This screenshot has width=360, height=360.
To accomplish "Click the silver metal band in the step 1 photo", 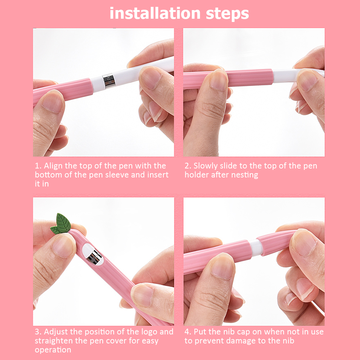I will [108, 82].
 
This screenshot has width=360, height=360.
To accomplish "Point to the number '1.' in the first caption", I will [38, 166].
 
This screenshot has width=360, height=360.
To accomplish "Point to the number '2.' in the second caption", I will [188, 166].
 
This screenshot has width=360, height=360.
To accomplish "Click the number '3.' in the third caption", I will [38, 332].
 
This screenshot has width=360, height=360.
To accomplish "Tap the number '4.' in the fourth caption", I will [188, 332].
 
